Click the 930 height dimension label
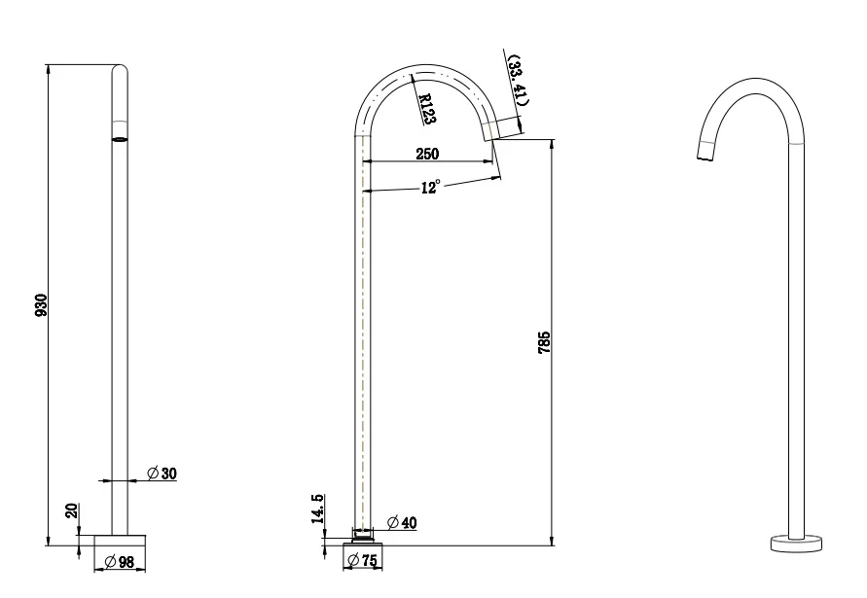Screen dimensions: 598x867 point(40,304)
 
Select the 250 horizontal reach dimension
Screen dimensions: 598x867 point(427,154)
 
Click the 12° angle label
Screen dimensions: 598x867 point(430,188)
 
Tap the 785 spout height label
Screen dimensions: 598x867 point(544,342)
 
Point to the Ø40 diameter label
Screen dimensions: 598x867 point(402,522)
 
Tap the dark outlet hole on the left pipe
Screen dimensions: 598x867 point(120,139)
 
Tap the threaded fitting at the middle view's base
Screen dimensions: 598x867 point(364,534)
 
